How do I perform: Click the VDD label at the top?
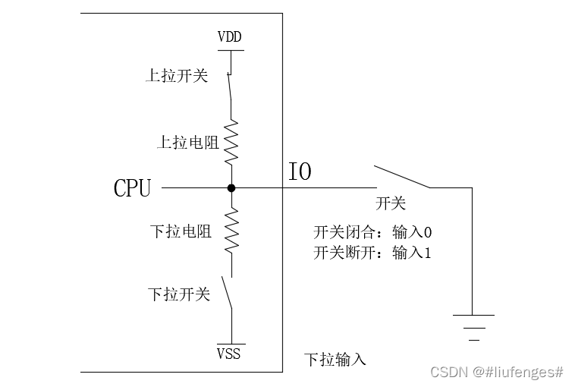[230, 37]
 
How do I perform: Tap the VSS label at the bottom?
[229, 354]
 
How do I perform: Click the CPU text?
[132, 188]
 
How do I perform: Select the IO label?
[300, 172]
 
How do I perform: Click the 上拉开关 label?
[176, 76]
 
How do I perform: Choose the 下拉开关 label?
[178, 294]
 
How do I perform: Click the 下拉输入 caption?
[335, 359]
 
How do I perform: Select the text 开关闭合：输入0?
[372, 231]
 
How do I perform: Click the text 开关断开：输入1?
[372, 253]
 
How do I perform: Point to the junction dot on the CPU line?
[231, 187]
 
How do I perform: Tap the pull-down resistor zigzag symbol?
[231, 233]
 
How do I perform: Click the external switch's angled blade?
[402, 176]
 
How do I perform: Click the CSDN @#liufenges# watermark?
[497, 372]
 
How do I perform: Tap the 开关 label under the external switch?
[391, 203]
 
